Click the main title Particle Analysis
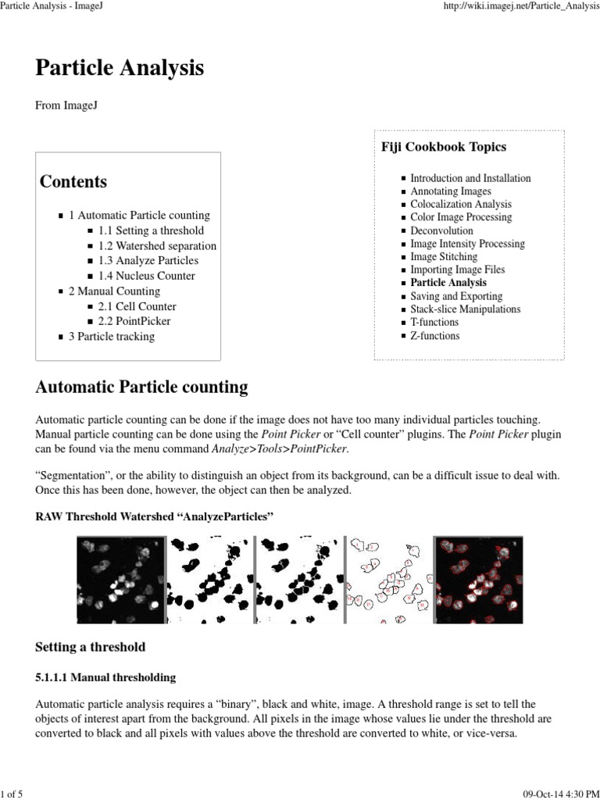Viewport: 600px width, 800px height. coord(120,68)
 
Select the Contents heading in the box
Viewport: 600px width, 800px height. coord(73,182)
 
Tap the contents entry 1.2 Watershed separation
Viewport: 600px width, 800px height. coord(157,246)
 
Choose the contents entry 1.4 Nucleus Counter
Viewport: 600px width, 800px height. coord(146,276)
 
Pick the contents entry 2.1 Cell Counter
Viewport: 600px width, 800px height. coord(137,307)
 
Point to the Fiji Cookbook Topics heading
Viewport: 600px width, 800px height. coord(444,147)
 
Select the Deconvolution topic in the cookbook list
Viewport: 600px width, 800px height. coord(441,230)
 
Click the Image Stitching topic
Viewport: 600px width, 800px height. coord(444,256)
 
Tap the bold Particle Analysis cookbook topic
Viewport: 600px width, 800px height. coord(448,283)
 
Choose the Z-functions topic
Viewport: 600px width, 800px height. coord(434,336)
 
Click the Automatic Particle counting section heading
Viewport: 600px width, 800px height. coord(141,387)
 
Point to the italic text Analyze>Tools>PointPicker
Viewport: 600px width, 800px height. coord(279,449)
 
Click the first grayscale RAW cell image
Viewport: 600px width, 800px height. coord(121,579)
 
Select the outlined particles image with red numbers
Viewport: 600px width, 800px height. coord(388,579)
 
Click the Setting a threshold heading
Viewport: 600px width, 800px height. coord(90,648)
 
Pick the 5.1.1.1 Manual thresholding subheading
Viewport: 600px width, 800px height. coord(105,677)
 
